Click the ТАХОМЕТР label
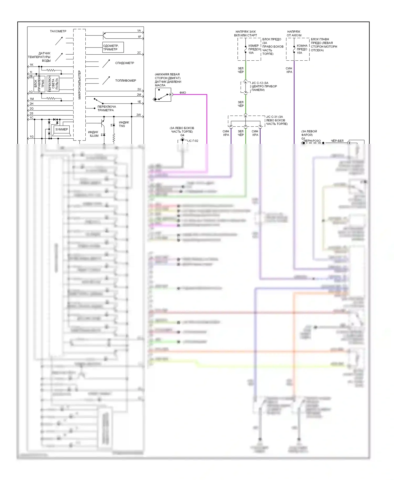tap(58, 31)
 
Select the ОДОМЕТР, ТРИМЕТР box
tap(113, 48)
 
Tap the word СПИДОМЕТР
tap(125, 63)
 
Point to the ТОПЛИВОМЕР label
tap(126, 81)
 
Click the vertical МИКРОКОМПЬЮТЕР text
tap(80, 85)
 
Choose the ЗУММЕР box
tap(61, 129)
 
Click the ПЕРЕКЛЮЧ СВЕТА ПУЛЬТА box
tap(53, 84)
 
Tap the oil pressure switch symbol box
tap(163, 95)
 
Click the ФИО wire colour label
tap(183, 93)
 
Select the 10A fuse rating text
tap(251, 53)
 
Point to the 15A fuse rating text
tap(299, 53)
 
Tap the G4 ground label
tap(182, 135)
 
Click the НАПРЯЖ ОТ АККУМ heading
tap(294, 33)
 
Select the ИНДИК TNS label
tap(124, 124)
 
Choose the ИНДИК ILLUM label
tap(93, 134)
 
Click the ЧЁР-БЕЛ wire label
tap(337, 141)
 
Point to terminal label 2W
tap(138, 115)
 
